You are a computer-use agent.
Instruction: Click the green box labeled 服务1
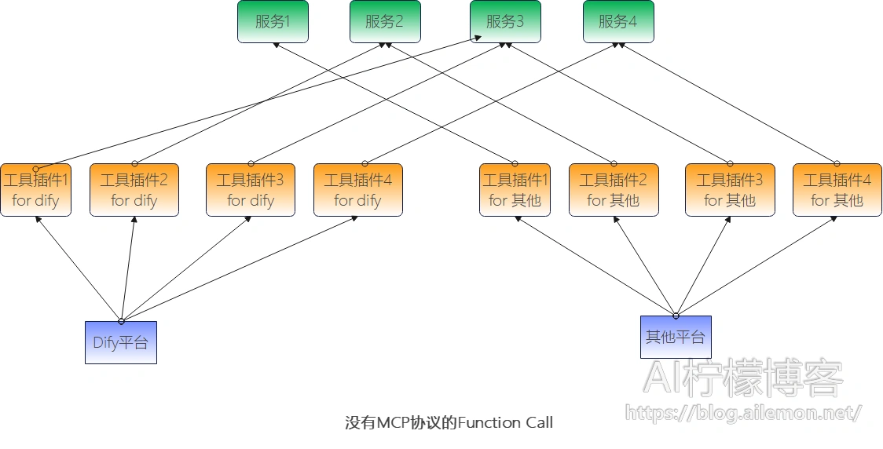(x=273, y=22)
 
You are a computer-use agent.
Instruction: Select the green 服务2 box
(x=385, y=22)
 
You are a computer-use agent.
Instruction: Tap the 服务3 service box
(x=505, y=22)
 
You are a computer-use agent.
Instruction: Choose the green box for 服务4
(x=618, y=22)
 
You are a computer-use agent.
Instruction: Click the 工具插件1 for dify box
(x=35, y=190)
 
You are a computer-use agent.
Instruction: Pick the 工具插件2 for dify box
(x=134, y=190)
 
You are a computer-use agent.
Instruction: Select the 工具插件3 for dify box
(x=251, y=190)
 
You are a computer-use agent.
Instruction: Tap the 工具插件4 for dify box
(x=357, y=190)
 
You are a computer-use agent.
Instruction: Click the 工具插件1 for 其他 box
(x=515, y=190)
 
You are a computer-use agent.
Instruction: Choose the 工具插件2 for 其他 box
(x=614, y=190)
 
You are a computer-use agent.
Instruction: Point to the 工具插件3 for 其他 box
(x=730, y=190)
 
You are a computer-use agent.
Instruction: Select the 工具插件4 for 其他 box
(x=837, y=190)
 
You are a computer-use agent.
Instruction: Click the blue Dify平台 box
(x=120, y=343)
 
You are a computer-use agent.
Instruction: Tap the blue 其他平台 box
(x=676, y=338)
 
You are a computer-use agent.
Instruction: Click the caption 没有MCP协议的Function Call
(x=449, y=423)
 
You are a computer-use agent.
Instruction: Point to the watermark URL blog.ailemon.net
(x=743, y=412)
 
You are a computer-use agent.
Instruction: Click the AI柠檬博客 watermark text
(x=742, y=378)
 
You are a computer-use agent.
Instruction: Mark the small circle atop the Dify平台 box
(x=121, y=321)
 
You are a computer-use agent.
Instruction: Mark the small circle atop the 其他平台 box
(x=676, y=316)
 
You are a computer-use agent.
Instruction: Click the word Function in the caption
(x=489, y=423)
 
